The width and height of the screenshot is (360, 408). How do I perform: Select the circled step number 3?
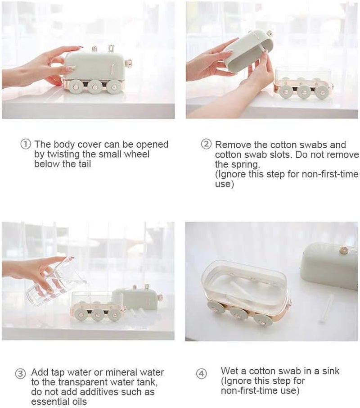tap(20, 374)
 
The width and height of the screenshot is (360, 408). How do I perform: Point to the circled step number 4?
tap(202, 374)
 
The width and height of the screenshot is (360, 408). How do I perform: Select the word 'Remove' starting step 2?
tap(231, 145)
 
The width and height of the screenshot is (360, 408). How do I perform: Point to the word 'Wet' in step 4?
tap(229, 371)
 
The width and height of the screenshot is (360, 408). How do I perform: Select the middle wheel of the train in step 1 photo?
tap(94, 86)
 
